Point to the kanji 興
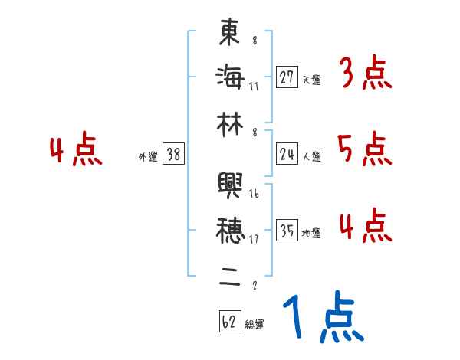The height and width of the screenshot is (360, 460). [229, 186]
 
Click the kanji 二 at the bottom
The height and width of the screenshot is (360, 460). [229, 274]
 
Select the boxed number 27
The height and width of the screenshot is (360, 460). [287, 77]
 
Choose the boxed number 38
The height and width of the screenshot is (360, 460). [173, 155]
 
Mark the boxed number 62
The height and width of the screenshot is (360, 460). [228, 322]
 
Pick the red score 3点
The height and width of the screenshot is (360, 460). [364, 75]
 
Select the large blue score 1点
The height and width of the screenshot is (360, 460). [322, 318]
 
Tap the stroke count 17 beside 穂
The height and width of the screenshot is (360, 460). [254, 238]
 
